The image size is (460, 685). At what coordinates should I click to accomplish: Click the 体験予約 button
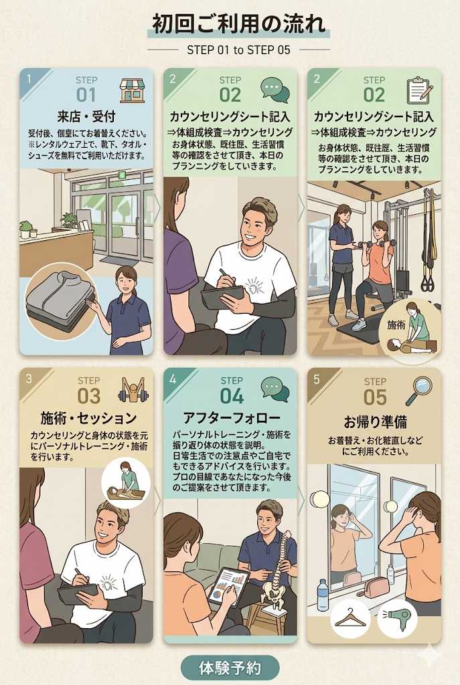pos(230,668)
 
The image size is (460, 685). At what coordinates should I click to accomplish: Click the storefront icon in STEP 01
pos(132,90)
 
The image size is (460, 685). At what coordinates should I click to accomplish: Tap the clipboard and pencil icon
pos(419,90)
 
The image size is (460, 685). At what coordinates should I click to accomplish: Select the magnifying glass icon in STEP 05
pos(418,391)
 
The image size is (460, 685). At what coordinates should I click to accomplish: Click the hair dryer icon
pos(398,617)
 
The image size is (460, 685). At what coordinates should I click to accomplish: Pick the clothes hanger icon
pos(350,618)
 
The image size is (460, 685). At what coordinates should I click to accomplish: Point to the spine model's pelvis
pos(274,593)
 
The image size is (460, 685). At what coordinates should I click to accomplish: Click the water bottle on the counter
pos(322,595)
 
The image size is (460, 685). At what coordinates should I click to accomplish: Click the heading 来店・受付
pos(86,116)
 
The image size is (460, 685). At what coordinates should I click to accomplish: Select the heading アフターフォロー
pos(231,418)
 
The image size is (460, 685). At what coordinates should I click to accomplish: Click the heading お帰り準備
pos(375,422)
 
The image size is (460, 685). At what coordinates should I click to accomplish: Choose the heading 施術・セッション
pos(88,418)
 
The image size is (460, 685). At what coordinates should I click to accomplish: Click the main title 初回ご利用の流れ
pos(239,23)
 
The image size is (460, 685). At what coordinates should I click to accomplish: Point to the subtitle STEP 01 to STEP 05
pos(238,50)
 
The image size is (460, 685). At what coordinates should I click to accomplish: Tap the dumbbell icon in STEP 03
pos(133,390)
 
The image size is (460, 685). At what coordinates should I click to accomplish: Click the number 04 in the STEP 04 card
pos(232,396)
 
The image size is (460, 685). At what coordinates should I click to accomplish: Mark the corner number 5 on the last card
pos(317,379)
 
